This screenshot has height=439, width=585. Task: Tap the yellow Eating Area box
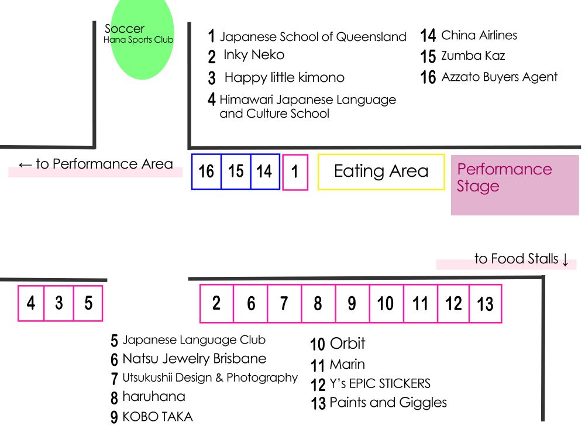click(x=381, y=172)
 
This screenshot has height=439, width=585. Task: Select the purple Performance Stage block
click(x=514, y=185)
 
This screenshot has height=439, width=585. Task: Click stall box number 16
click(x=207, y=172)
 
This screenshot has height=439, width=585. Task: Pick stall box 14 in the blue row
click(x=264, y=172)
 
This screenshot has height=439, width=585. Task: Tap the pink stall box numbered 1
click(x=295, y=172)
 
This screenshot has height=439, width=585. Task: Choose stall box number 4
click(x=31, y=303)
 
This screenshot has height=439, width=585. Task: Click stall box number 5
click(x=88, y=303)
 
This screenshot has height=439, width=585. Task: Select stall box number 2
click(x=216, y=303)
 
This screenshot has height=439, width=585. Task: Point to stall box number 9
click(x=352, y=303)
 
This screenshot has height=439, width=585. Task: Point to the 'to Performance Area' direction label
click(x=96, y=164)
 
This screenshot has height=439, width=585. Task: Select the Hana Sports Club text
click(x=139, y=40)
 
